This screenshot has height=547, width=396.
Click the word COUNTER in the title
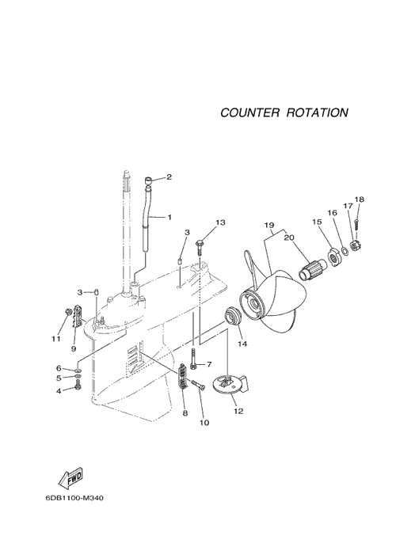(249, 112)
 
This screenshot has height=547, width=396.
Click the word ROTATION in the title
(318, 112)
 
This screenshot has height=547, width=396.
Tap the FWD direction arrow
(70, 477)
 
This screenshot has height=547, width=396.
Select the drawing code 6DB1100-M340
(74, 498)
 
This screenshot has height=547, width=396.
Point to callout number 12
(238, 411)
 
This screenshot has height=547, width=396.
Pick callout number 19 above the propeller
(269, 226)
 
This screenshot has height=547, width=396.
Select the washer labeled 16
(343, 250)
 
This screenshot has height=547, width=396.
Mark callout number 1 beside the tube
(169, 218)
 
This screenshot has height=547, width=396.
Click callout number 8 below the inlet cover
(185, 413)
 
